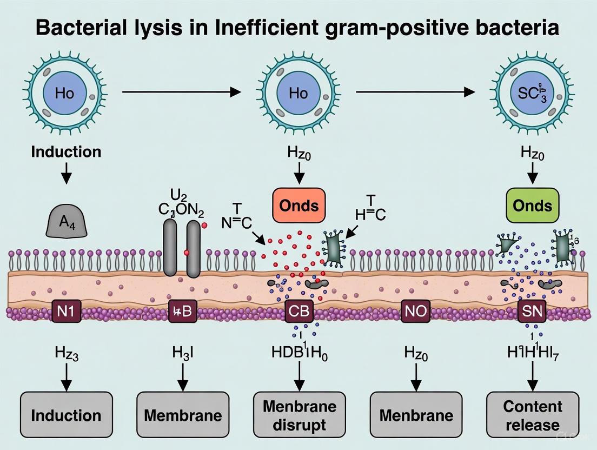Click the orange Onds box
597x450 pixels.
coord(298,206)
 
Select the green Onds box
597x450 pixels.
coord(533,206)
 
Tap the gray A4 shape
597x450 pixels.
coord(66,221)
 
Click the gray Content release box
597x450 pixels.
coord(533,414)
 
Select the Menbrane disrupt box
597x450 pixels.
coord(299,414)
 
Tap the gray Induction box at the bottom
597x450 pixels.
coord(66,414)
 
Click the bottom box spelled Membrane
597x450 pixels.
coord(183,414)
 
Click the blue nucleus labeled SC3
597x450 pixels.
coord(533,93)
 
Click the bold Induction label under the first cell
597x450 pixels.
coord(66,151)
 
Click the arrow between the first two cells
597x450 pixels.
coord(182,92)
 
